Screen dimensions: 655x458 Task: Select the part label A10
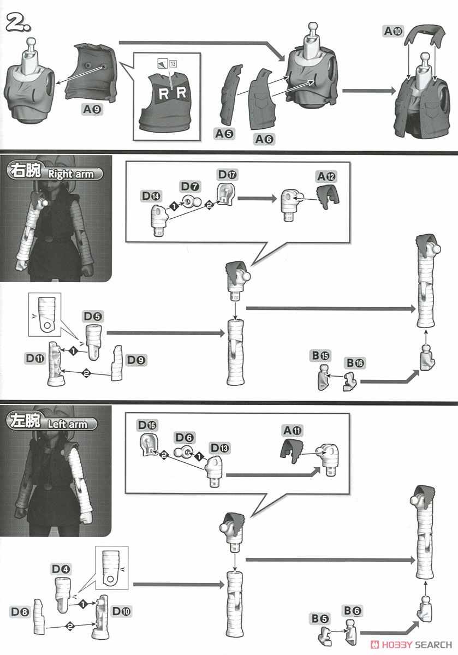coord(393,32)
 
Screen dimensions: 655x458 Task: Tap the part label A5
coord(224,133)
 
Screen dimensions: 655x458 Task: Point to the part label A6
coord(264,139)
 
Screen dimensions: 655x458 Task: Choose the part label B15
coord(321,355)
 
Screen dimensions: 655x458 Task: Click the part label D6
coord(185,438)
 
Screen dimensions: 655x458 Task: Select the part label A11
coord(292,430)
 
